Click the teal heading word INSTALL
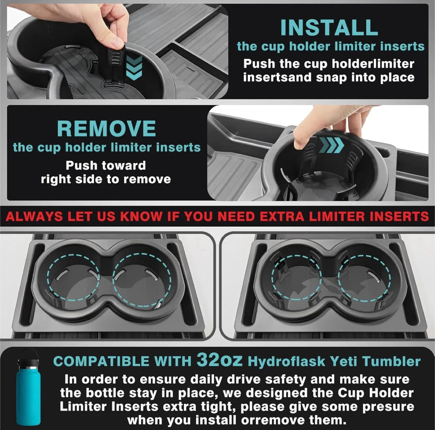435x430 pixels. (x=329, y=27)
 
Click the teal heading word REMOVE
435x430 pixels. (x=107, y=128)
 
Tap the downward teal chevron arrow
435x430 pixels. (x=134, y=68)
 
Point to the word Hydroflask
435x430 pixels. (x=286, y=361)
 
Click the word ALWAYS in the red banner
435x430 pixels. (x=34, y=216)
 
